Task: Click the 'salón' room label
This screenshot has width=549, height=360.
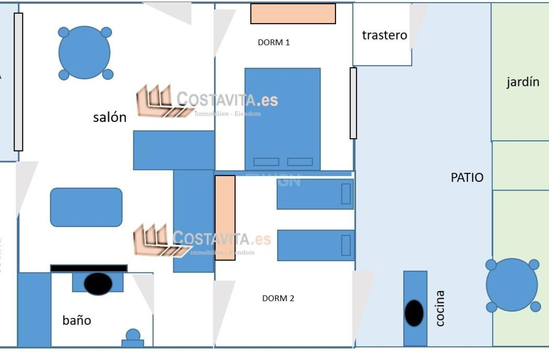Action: pyautogui.click(x=109, y=117)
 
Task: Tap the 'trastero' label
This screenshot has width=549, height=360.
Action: pyautogui.click(x=384, y=35)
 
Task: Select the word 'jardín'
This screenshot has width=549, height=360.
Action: pyautogui.click(x=523, y=82)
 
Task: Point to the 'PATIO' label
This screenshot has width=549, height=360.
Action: pyautogui.click(x=467, y=177)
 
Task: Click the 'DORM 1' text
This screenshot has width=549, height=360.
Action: pyautogui.click(x=273, y=42)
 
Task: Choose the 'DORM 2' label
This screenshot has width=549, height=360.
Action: pyautogui.click(x=278, y=298)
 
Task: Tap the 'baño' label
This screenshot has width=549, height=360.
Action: pyautogui.click(x=76, y=320)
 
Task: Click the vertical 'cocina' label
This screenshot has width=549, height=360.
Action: pyautogui.click(x=440, y=308)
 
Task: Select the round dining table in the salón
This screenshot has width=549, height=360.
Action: pyautogui.click(x=84, y=53)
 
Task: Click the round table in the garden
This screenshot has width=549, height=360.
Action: pyautogui.click(x=512, y=285)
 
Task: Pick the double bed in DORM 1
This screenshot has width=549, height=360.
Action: pyautogui.click(x=282, y=119)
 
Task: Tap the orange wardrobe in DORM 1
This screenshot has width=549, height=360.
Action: pyautogui.click(x=293, y=14)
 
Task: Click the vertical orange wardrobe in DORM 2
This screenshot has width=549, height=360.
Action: pyautogui.click(x=225, y=218)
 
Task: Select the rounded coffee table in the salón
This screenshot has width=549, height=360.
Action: pyautogui.click(x=86, y=207)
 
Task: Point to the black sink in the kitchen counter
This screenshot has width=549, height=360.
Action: pyautogui.click(x=415, y=313)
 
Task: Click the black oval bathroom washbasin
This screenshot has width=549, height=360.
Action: pyautogui.click(x=98, y=284)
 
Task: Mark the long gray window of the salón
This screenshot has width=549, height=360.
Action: pyautogui.click(x=18, y=82)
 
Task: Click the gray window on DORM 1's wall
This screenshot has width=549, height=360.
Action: pyautogui.click(x=353, y=103)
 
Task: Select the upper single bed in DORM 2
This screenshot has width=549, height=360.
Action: pyautogui.click(x=315, y=194)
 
